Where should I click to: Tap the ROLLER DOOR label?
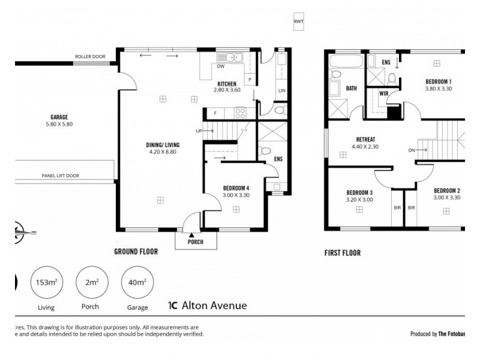[90, 57]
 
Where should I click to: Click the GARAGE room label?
[59, 117]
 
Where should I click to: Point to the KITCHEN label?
[226, 83]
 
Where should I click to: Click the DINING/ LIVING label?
[163, 145]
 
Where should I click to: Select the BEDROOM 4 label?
[236, 188]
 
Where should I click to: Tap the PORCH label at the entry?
[195, 242]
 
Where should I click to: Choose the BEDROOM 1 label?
[439, 82]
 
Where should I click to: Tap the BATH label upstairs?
[351, 89]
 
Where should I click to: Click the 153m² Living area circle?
[46, 282]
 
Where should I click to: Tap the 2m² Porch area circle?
[92, 282]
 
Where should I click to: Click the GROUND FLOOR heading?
[136, 252]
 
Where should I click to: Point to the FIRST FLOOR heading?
[342, 253]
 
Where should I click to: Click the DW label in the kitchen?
[221, 67]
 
